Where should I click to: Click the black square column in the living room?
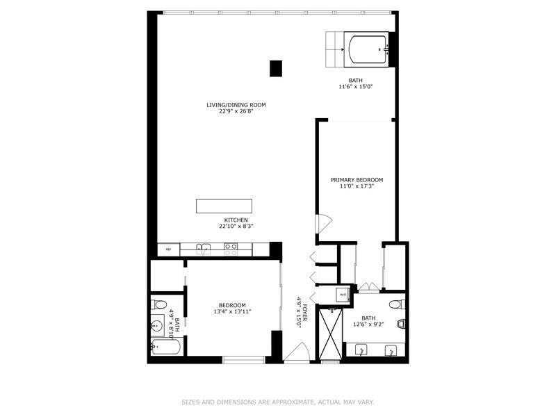[x=275, y=68]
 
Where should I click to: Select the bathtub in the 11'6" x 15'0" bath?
[x=366, y=49]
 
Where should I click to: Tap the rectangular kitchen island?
[x=224, y=206]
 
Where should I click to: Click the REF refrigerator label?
[x=168, y=250]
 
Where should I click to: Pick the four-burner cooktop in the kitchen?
[x=231, y=250]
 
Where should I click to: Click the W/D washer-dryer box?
[x=343, y=294]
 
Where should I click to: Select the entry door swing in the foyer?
[x=297, y=352]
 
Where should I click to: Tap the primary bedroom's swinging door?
[x=323, y=224]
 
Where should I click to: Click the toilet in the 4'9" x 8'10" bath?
[x=158, y=304]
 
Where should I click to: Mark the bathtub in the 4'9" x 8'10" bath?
[x=166, y=346]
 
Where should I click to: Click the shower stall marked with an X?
[x=331, y=334]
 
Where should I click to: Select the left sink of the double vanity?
[x=361, y=350]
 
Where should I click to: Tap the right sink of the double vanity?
[x=391, y=350]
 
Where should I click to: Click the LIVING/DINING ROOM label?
[x=236, y=105]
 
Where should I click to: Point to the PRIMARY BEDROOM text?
[x=357, y=180]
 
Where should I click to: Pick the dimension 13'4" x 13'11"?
[x=232, y=311]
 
